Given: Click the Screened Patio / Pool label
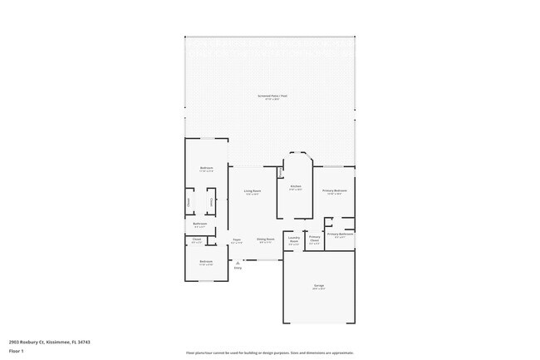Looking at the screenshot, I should click(272, 96).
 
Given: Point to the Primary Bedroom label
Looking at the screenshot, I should click(335, 190).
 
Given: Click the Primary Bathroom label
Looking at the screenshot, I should click(341, 234).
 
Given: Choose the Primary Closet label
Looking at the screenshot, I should click(315, 238).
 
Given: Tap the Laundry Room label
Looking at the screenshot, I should click(294, 239).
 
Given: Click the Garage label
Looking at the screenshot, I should click(319, 286).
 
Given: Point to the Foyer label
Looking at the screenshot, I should click(237, 239).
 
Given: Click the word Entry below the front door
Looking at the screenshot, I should click(238, 268).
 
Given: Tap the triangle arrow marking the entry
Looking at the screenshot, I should click(238, 262).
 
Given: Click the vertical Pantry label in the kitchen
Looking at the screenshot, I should click(280, 173).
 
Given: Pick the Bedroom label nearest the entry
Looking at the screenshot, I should click(205, 262).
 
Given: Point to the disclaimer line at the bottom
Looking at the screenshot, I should click(270, 353).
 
